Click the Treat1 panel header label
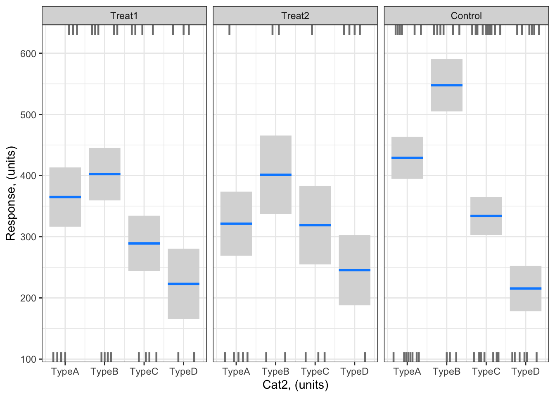click(x=124, y=16)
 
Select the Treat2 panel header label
click(x=295, y=16)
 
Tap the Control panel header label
click(x=466, y=16)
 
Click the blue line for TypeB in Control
click(x=446, y=85)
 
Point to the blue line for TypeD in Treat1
click(x=183, y=284)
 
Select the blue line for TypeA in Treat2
click(x=236, y=224)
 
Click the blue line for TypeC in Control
click(x=486, y=216)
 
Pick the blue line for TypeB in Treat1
click(x=104, y=174)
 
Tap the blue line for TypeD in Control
click(x=525, y=288)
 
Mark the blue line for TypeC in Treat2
click(x=315, y=225)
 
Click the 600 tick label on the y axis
click(x=28, y=54)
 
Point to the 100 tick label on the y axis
click(x=28, y=359)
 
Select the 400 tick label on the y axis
click(x=28, y=176)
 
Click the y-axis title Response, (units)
click(x=11, y=193)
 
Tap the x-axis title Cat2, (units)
click(x=295, y=385)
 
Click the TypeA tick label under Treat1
click(x=65, y=371)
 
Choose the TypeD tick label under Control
click(x=525, y=371)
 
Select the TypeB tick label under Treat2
click(x=275, y=371)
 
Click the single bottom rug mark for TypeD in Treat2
click(x=365, y=356)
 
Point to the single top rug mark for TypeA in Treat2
click(x=230, y=30)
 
